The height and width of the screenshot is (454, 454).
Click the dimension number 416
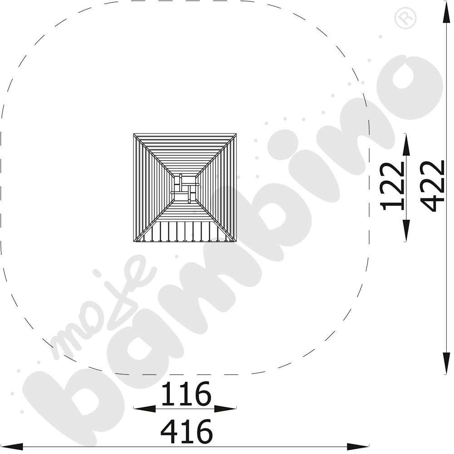click(x=187, y=431)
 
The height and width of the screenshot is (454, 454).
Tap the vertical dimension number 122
click(x=392, y=186)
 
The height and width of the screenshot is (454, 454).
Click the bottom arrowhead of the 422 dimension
click(x=446, y=363)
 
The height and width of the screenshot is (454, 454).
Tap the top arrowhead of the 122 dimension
click(x=406, y=145)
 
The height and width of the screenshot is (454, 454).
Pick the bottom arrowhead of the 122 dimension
click(x=406, y=230)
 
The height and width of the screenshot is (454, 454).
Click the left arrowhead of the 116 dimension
click(x=145, y=409)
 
